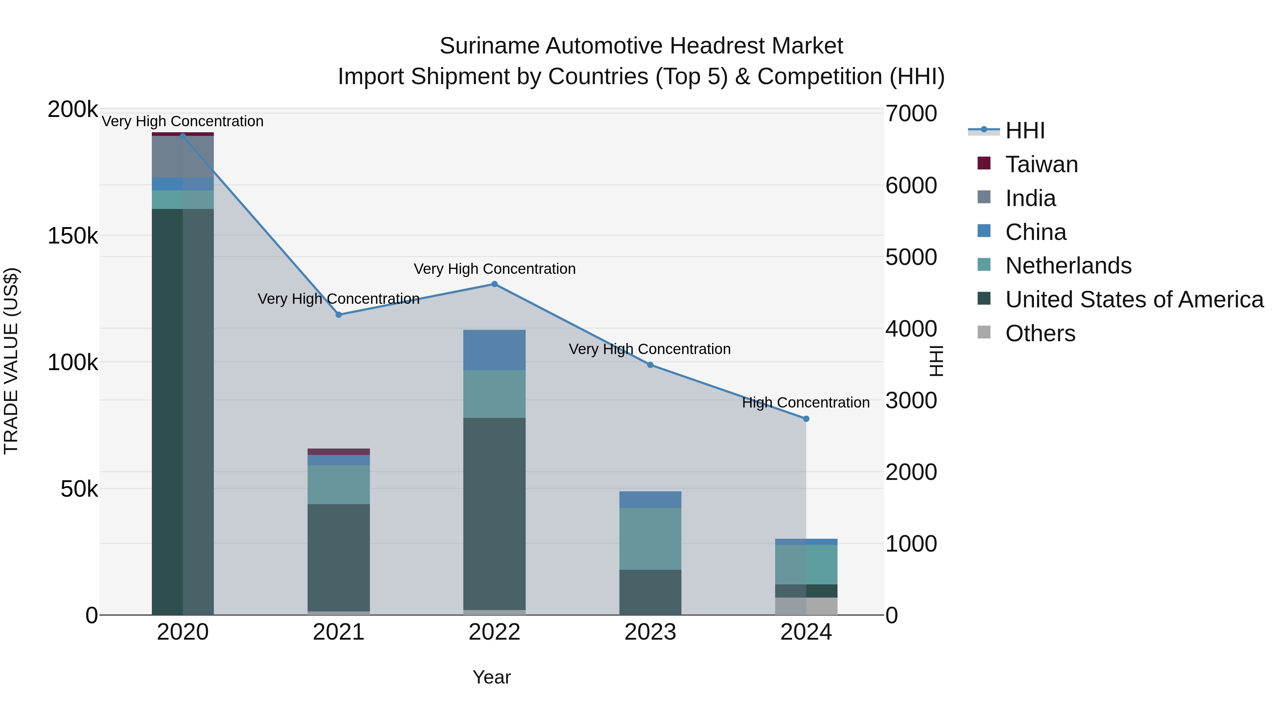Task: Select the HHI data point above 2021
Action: pos(339,314)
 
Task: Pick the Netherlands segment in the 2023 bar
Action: pos(650,539)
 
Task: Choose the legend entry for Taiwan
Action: pos(1041,164)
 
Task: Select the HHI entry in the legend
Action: pos(1025,130)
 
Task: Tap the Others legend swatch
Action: pos(984,332)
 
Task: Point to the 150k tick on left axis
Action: pos(73,236)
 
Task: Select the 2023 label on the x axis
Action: pos(650,632)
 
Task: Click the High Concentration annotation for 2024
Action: pos(805,402)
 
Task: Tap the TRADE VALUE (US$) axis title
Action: pos(11,361)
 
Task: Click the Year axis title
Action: pos(491,677)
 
